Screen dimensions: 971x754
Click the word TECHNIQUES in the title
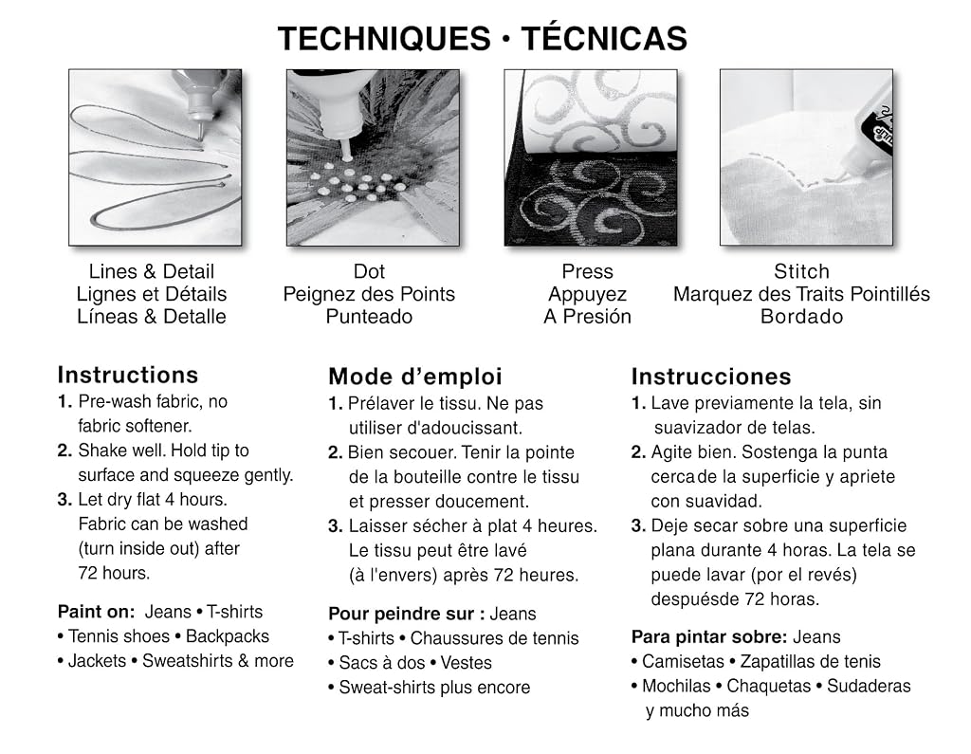click(x=384, y=39)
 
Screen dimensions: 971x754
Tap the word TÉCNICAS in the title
click(x=604, y=38)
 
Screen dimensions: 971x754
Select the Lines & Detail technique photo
click(x=155, y=157)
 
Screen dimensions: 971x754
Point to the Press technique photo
click(x=590, y=157)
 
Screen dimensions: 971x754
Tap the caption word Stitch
click(x=801, y=271)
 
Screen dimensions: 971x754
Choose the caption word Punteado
click(x=369, y=317)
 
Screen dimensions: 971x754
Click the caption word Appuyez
click(x=587, y=294)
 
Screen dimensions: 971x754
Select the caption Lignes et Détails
click(x=152, y=294)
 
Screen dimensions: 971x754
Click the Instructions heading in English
click(x=128, y=375)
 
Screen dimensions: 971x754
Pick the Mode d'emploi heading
click(x=415, y=377)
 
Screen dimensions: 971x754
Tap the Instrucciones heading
click(x=711, y=377)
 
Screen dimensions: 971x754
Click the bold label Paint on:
click(x=96, y=612)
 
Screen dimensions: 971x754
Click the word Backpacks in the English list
click(x=228, y=636)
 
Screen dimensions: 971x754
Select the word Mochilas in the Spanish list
click(x=676, y=686)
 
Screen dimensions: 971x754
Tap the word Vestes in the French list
click(x=466, y=663)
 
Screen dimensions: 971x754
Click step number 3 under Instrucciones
click(x=638, y=526)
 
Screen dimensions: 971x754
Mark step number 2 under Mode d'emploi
click(x=335, y=453)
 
